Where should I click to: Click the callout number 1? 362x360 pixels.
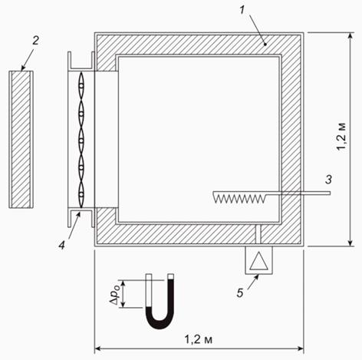point(242,11)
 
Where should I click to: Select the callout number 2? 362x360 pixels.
point(35,41)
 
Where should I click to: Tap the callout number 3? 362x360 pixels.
point(328,180)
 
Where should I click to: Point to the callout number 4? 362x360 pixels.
point(61,246)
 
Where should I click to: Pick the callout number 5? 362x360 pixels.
point(240,293)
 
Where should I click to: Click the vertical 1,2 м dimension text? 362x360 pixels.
point(341,137)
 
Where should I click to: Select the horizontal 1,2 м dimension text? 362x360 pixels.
point(199,339)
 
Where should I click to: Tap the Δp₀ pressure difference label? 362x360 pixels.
point(114,294)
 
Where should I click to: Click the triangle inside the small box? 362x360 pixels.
point(259,262)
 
